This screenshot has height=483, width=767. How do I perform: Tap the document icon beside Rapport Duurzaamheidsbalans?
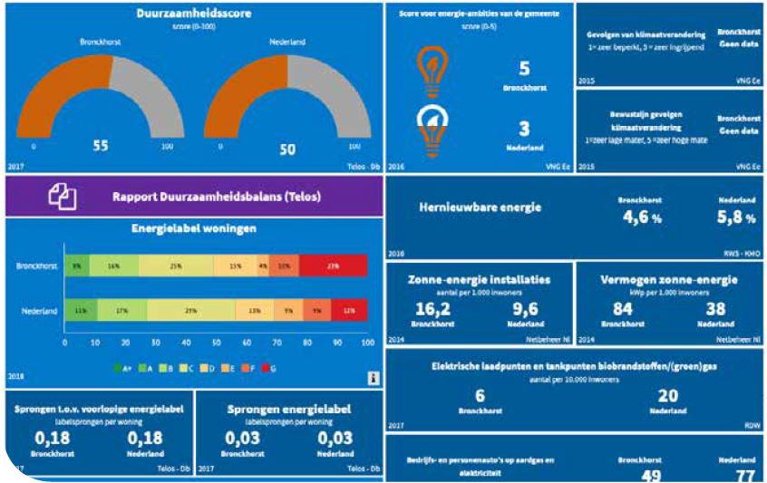point(63,195)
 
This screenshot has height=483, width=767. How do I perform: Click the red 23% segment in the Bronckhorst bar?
point(333,266)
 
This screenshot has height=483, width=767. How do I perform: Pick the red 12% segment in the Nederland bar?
point(349,310)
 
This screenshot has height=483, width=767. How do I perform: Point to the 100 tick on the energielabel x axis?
point(367,343)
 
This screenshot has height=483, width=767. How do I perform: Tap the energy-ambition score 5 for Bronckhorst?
point(524,69)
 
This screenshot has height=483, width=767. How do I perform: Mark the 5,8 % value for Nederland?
point(735,217)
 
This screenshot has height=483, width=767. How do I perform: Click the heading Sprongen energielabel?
point(285,410)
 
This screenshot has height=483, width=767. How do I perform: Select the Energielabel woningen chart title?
point(194,228)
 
